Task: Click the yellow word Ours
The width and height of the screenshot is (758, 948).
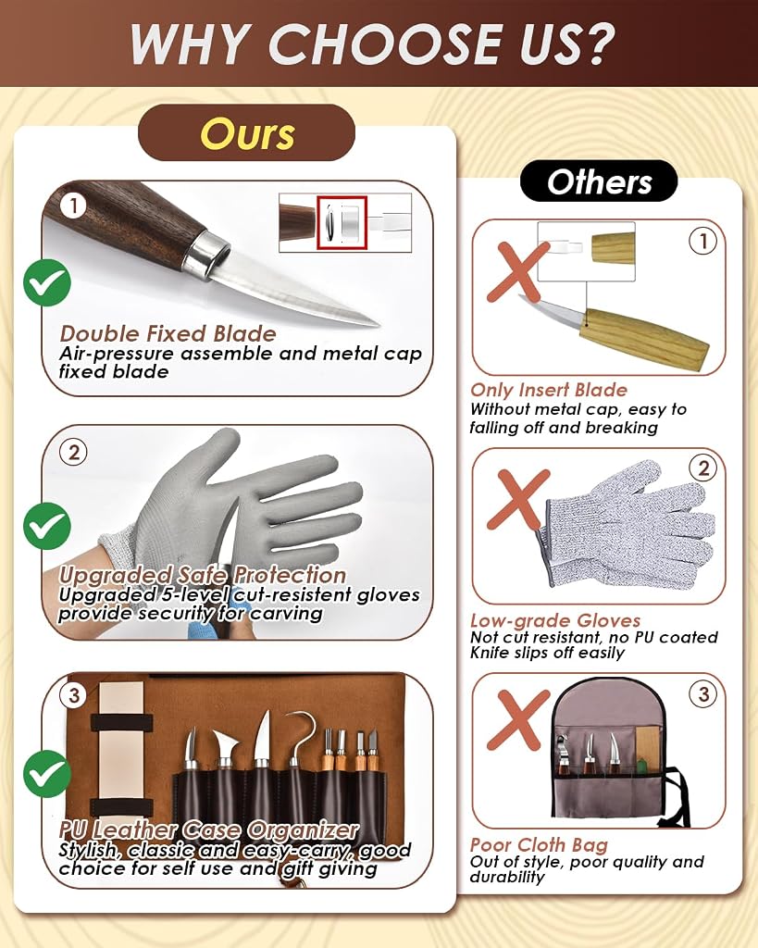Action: [x=247, y=133]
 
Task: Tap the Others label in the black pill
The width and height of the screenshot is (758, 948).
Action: [x=599, y=181]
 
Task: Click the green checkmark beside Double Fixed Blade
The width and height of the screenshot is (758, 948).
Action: [x=47, y=282]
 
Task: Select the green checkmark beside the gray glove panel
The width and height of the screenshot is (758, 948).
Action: [x=47, y=526]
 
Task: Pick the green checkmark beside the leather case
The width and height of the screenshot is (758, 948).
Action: [x=47, y=774]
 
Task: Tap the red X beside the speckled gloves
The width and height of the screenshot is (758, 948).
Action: [x=518, y=499]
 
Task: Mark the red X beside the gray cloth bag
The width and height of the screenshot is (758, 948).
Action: [x=517, y=720]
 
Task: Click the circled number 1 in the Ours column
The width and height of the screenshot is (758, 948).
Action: [x=74, y=206]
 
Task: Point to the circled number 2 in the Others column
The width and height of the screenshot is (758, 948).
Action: [x=703, y=468]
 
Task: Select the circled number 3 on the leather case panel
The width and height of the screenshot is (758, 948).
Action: [x=74, y=695]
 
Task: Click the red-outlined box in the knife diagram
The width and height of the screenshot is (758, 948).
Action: [x=342, y=222]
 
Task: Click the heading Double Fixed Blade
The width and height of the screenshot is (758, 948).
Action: [x=168, y=333]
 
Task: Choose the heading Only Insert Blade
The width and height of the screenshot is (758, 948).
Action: [x=549, y=390]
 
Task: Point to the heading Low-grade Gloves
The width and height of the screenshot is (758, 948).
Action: [x=555, y=620]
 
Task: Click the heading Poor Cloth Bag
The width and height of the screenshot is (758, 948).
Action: [x=540, y=844]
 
